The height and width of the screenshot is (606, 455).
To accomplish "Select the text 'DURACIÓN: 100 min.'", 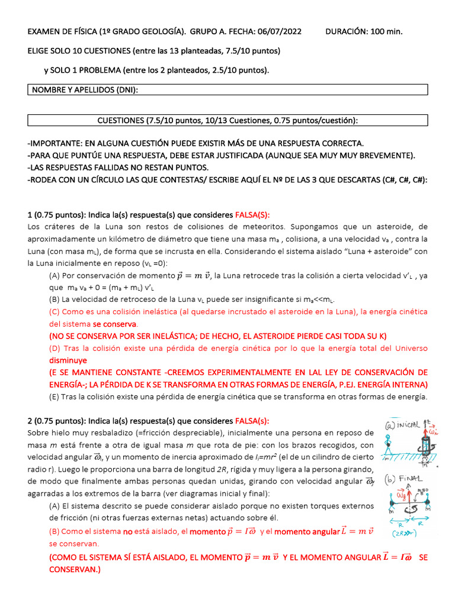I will click(x=364, y=31).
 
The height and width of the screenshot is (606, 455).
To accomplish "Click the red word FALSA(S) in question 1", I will click(x=252, y=214).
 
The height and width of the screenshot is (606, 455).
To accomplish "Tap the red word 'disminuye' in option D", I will click(x=68, y=360).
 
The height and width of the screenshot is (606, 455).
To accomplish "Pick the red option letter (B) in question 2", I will click(x=54, y=531).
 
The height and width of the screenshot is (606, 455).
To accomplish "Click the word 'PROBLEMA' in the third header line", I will click(x=101, y=70).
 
